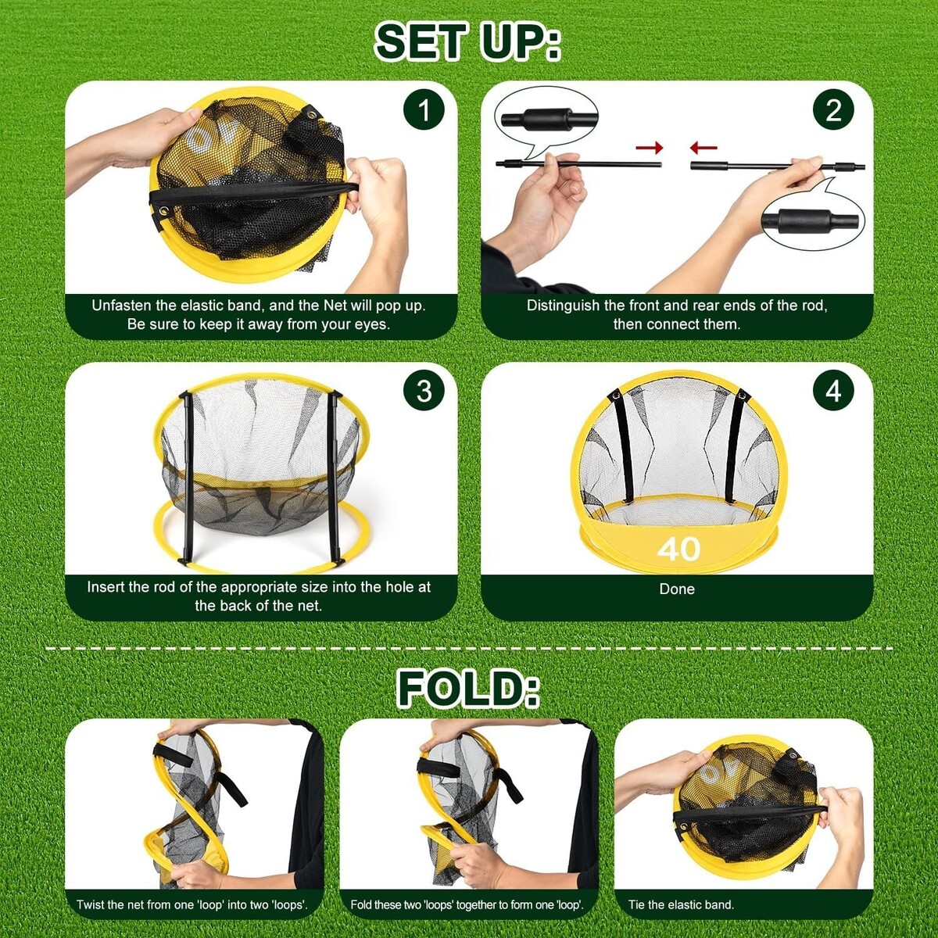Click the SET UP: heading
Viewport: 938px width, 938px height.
click(x=467, y=43)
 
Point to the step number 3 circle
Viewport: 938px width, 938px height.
click(x=424, y=391)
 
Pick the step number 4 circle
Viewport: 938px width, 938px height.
click(x=833, y=391)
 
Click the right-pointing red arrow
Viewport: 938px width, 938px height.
click(x=650, y=147)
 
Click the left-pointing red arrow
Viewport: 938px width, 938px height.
click(x=703, y=147)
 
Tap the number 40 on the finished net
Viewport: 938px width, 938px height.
click(x=678, y=549)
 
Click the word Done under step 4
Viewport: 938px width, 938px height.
click(x=677, y=589)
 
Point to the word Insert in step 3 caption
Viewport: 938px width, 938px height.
click(x=102, y=587)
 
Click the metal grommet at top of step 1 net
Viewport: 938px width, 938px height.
click(x=310, y=115)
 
